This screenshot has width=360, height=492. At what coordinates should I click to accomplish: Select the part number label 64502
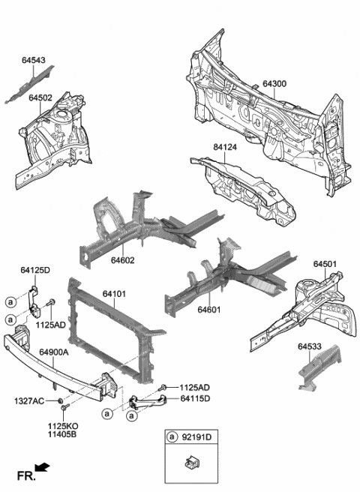pos(40,97)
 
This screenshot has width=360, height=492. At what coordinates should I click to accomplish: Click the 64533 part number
pos(312,346)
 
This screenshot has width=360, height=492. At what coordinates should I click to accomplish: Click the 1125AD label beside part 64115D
pos(194,387)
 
